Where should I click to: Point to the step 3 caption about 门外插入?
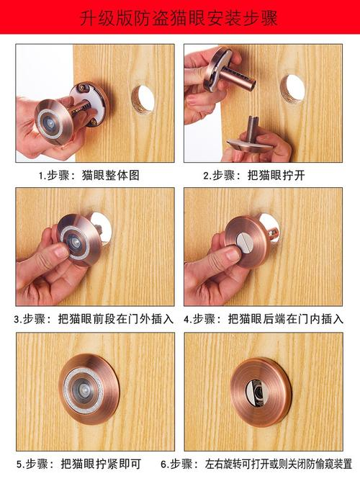(94, 318)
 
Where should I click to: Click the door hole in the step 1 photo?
(143, 99)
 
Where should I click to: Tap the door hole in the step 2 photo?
(292, 88)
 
